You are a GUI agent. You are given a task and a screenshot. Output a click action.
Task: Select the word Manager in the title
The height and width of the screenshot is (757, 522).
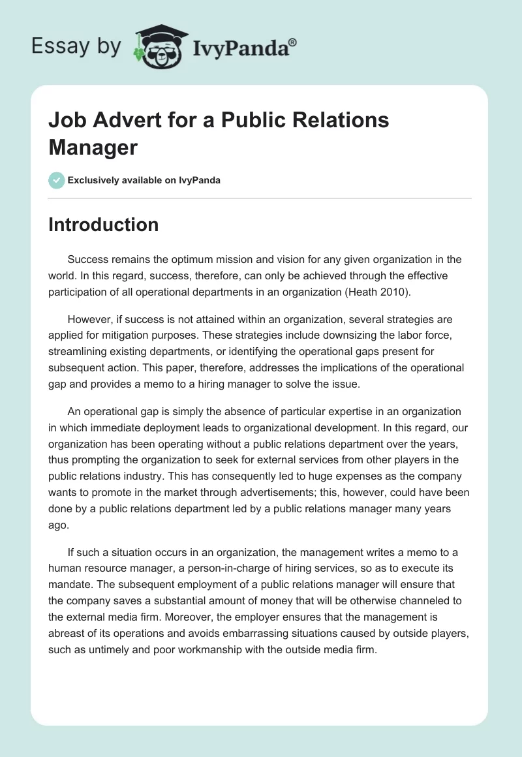pyautogui.click(x=93, y=147)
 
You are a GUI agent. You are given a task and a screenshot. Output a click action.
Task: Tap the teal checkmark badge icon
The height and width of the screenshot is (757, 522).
pyautogui.click(x=57, y=180)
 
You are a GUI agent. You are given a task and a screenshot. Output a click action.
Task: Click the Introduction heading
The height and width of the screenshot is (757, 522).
pyautogui.click(x=104, y=224)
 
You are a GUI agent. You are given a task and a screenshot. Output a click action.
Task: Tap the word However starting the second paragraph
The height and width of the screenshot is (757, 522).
pyautogui.click(x=90, y=319)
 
